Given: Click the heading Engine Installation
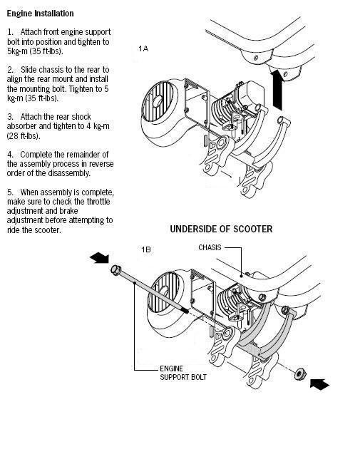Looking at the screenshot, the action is coord(40,14).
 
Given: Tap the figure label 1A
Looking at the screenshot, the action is coord(143,48).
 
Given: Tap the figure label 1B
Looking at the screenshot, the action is coord(146,249).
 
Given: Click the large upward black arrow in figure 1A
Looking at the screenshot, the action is coord(277,90).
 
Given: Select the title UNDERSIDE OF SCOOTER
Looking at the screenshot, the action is coord(221,229).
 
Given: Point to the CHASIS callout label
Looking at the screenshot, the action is coord(210,247).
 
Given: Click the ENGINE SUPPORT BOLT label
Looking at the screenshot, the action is coord(183,373).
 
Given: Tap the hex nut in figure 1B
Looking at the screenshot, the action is coord(300,373).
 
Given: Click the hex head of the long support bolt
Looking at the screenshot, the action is coord(115,269).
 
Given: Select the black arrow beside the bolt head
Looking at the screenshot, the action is coord(100,258).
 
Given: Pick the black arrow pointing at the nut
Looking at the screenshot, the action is coord(319,383).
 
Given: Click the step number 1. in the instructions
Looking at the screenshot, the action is coord(11,32).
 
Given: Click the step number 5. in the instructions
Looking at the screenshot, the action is coord(11,192).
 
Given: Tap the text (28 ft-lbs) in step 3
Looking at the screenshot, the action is coord(24,136).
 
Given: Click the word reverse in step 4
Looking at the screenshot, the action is coord(101,164).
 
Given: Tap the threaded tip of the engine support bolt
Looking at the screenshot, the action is coord(186,311).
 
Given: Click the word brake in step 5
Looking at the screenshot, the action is coord(68,211).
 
